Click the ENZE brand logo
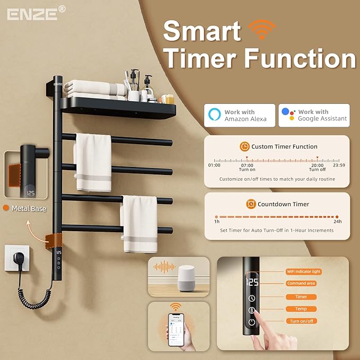pyautogui.click(x=32, y=13)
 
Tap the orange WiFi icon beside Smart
pyautogui.click(x=262, y=30)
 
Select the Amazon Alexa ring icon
pyautogui.click(x=214, y=115)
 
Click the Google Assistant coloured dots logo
pyautogui.click(x=288, y=115)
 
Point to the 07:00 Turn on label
pyautogui.click(x=247, y=167)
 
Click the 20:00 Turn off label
pyautogui.click(x=317, y=167)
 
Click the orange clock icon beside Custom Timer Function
pyautogui.click(x=244, y=146)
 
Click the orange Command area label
pyautogui.click(x=301, y=283)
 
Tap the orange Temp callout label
pyautogui.click(x=301, y=309)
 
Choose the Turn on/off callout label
pyautogui.click(x=301, y=321)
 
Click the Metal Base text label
pyautogui.click(x=29, y=208)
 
